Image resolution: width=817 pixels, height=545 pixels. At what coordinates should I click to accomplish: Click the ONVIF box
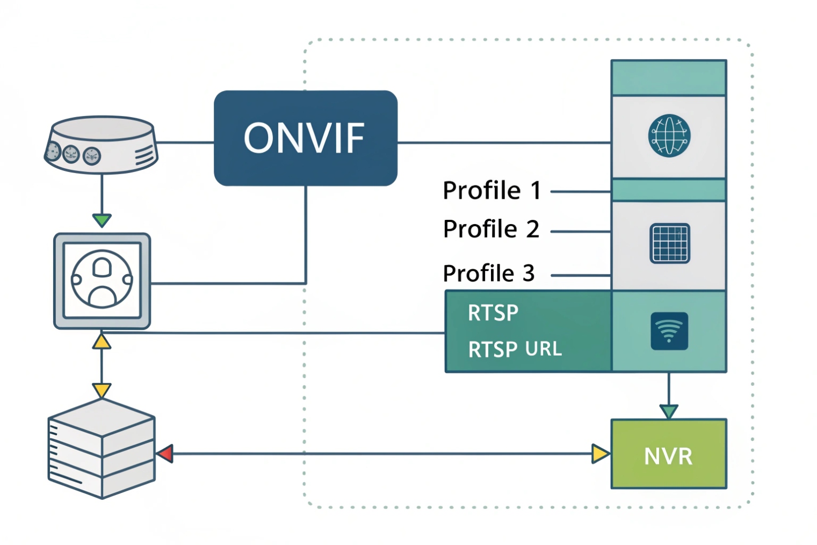pos(305,138)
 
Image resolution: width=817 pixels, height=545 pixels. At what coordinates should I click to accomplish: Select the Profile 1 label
pos(491,191)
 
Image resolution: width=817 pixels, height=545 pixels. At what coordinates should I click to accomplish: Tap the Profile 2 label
pos(490,230)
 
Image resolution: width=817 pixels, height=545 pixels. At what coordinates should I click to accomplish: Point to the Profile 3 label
pos(488,274)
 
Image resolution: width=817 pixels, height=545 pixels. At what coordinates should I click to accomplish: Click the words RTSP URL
pos(515,349)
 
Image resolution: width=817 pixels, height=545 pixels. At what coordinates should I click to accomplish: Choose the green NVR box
pos(668,454)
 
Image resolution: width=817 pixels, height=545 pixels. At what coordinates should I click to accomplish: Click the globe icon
pos(669,135)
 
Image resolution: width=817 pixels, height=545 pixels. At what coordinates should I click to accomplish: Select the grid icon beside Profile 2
pos(669,243)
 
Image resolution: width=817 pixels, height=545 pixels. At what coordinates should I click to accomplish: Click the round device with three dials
pos(101,145)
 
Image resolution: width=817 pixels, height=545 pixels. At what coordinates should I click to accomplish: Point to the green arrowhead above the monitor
pos(102,220)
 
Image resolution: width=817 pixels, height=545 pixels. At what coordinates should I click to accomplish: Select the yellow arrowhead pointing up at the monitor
pos(102,342)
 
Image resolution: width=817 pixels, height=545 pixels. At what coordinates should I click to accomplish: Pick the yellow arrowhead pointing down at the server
pos(102,390)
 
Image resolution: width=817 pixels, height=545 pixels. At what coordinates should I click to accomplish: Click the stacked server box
pos(102,449)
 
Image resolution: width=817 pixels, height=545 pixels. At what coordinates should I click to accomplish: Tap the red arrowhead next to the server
pos(165,454)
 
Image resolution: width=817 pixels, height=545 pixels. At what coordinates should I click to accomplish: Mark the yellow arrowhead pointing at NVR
pos(600,454)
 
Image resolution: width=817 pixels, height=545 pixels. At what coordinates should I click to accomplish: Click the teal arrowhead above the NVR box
pos(668,412)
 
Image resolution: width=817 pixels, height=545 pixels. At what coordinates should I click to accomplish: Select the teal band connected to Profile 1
pos(668,190)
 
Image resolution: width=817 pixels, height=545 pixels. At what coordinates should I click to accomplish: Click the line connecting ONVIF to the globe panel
pos(504,143)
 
